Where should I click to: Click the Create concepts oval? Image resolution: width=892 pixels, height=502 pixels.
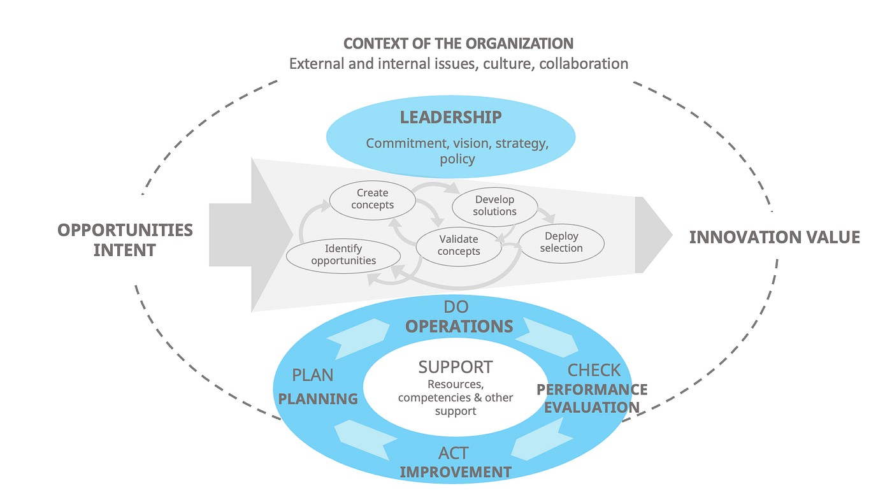(x=373, y=199)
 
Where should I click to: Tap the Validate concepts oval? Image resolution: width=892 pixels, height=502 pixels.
(x=459, y=245)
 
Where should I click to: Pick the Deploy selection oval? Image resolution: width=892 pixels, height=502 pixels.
(x=561, y=242)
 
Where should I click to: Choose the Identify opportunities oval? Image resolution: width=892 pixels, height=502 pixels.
(x=343, y=254)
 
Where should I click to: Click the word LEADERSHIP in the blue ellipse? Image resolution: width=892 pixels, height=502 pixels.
(x=450, y=118)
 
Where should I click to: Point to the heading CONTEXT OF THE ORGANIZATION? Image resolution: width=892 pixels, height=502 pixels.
(x=458, y=43)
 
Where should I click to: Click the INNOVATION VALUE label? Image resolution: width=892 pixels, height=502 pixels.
(x=774, y=238)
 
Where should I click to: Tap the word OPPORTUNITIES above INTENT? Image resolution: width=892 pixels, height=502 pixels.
(x=125, y=230)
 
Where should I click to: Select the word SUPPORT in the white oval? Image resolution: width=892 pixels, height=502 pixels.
(x=455, y=367)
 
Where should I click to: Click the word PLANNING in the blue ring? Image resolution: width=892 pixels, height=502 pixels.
(x=318, y=399)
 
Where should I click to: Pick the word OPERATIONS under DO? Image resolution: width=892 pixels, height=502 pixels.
(x=459, y=326)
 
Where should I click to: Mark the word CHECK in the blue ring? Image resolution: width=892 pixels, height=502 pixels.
(x=594, y=370)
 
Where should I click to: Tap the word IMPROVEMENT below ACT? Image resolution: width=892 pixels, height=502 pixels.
(x=455, y=472)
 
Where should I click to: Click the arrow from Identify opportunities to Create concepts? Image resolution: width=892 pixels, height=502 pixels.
(x=308, y=220)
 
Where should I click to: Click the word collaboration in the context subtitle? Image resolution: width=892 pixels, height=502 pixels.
(x=584, y=64)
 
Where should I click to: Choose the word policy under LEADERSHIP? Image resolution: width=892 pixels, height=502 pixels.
(x=457, y=159)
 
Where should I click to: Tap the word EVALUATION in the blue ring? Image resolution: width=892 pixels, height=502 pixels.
(x=593, y=408)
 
